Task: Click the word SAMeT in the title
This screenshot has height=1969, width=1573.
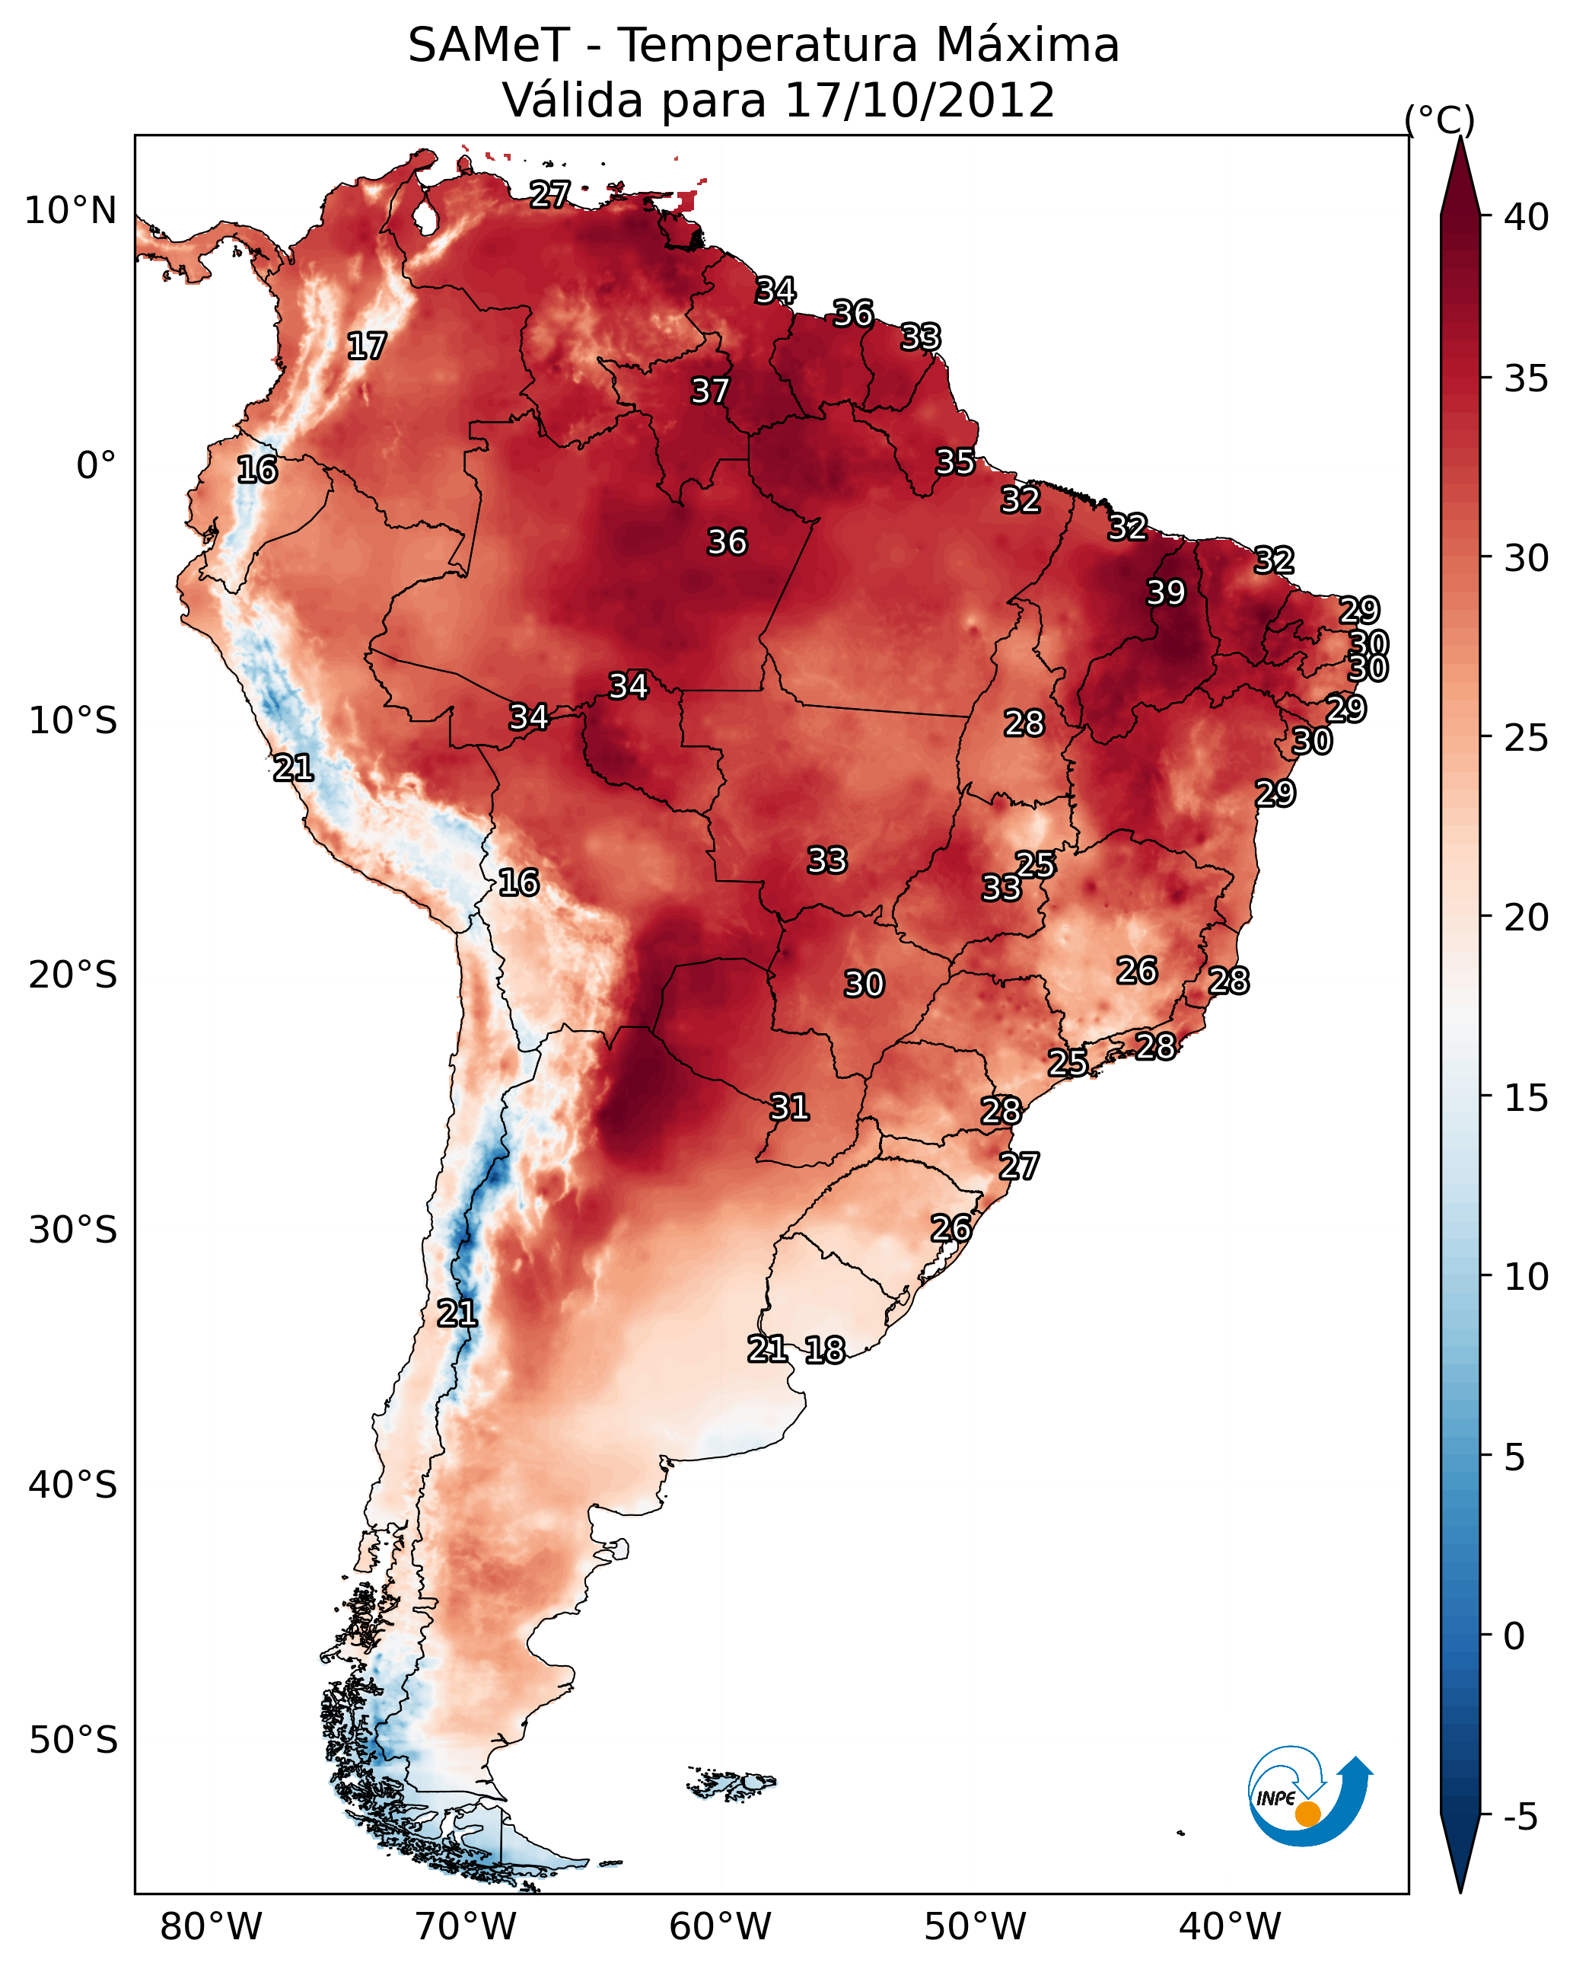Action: (x=489, y=46)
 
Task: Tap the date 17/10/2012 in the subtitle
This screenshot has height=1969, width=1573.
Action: (x=919, y=101)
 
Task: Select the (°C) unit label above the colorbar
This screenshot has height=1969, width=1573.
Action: (x=1439, y=120)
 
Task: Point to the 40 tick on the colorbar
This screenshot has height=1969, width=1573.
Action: (x=1527, y=217)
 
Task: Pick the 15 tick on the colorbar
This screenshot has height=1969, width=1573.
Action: (x=1527, y=1098)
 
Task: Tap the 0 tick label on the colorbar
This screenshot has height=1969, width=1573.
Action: (x=1514, y=1636)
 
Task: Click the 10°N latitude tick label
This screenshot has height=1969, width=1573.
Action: (x=70, y=211)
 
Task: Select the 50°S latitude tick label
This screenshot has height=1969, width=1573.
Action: (x=73, y=1741)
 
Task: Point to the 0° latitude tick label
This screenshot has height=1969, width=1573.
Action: (x=96, y=466)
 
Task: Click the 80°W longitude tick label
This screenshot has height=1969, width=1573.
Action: (x=211, y=1927)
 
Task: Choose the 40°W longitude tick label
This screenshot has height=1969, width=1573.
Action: (x=1230, y=1927)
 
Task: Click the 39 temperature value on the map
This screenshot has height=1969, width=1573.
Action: (x=1166, y=592)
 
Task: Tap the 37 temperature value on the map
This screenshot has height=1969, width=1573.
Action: (x=709, y=391)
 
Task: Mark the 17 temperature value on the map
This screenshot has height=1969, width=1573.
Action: (x=366, y=346)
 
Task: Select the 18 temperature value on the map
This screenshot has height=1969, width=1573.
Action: (x=824, y=1350)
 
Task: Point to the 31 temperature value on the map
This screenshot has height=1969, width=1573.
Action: (x=788, y=1107)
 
